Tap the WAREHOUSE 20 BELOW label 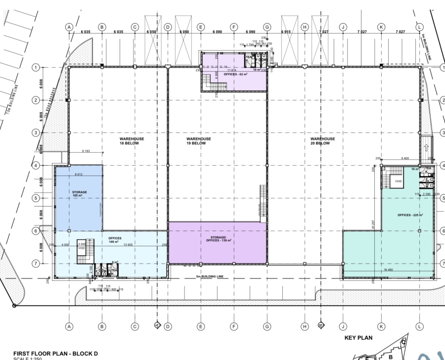(322, 141)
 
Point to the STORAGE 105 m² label (80, 194)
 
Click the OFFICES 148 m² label (115, 240)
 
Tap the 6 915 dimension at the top (286, 31)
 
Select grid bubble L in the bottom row (419, 326)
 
